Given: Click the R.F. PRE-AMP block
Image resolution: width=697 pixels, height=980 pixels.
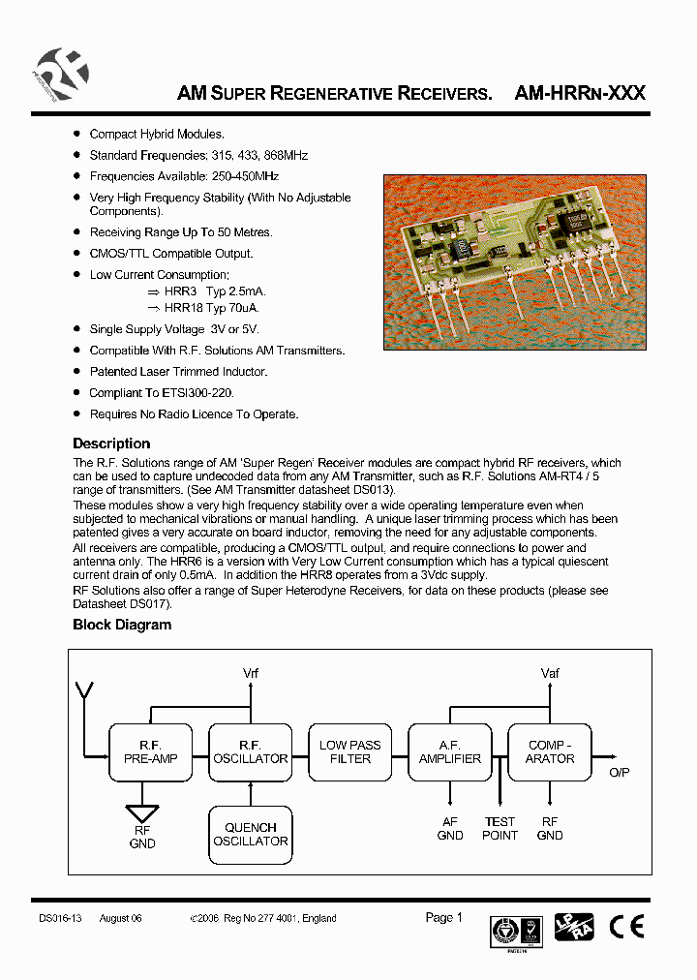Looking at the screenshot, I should [151, 751].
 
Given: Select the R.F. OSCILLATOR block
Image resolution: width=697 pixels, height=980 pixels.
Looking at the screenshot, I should [251, 751].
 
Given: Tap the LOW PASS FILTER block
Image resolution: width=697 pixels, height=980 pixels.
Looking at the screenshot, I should [350, 751].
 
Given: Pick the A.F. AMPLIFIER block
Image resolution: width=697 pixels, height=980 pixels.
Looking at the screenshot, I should [450, 751].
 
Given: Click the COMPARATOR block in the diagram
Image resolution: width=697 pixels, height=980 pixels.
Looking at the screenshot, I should [550, 751].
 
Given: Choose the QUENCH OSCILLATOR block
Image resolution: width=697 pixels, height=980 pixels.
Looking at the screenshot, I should [251, 834].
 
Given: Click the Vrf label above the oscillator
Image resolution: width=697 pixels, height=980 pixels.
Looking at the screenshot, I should [251, 673].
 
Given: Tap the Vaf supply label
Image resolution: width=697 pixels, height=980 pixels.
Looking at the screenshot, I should [550, 673].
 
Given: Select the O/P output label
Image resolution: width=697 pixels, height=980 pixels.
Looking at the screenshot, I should [619, 772].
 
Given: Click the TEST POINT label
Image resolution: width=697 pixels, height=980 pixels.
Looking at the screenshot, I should [500, 828].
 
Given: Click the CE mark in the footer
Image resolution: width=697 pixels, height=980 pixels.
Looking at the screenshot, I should [626, 927].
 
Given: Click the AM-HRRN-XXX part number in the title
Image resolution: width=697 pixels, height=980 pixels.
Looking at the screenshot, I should [580, 94].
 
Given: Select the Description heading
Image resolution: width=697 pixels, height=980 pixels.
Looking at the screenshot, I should [111, 444].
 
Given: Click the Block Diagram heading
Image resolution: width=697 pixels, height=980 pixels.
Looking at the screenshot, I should [122, 625].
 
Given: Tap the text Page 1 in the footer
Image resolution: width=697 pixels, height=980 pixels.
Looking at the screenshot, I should [444, 917].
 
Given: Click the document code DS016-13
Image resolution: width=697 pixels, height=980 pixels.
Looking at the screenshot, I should [60, 918].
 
